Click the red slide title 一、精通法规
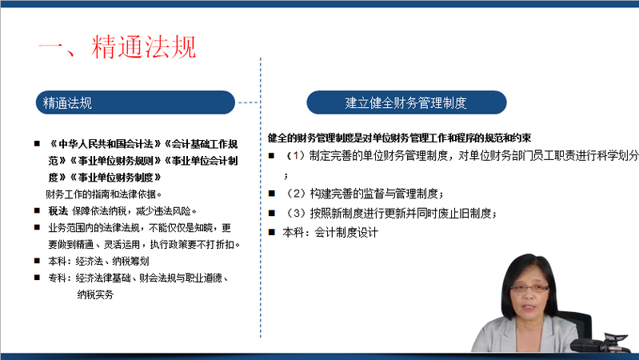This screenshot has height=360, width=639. click(x=118, y=47)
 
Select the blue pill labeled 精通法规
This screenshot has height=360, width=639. click(x=135, y=102)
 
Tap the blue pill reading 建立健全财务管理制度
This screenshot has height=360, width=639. click(x=406, y=102)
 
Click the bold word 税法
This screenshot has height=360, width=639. click(x=58, y=210)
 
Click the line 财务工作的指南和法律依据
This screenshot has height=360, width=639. click(x=103, y=194)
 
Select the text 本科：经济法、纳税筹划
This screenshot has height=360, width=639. click(x=98, y=261)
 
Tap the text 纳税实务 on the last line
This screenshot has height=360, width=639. click(x=95, y=294)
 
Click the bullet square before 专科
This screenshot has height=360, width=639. click(x=37, y=278)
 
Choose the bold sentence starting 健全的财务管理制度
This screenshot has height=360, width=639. click(x=399, y=138)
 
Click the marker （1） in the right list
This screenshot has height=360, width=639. click(x=295, y=155)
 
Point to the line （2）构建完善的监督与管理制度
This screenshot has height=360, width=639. click(x=364, y=194)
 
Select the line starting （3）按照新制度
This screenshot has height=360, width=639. click(x=390, y=214)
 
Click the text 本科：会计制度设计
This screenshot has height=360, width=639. click(x=330, y=232)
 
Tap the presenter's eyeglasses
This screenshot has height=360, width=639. click(x=529, y=288)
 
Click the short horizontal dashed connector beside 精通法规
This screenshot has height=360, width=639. click(x=248, y=102)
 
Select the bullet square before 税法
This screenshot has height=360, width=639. click(x=37, y=210)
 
